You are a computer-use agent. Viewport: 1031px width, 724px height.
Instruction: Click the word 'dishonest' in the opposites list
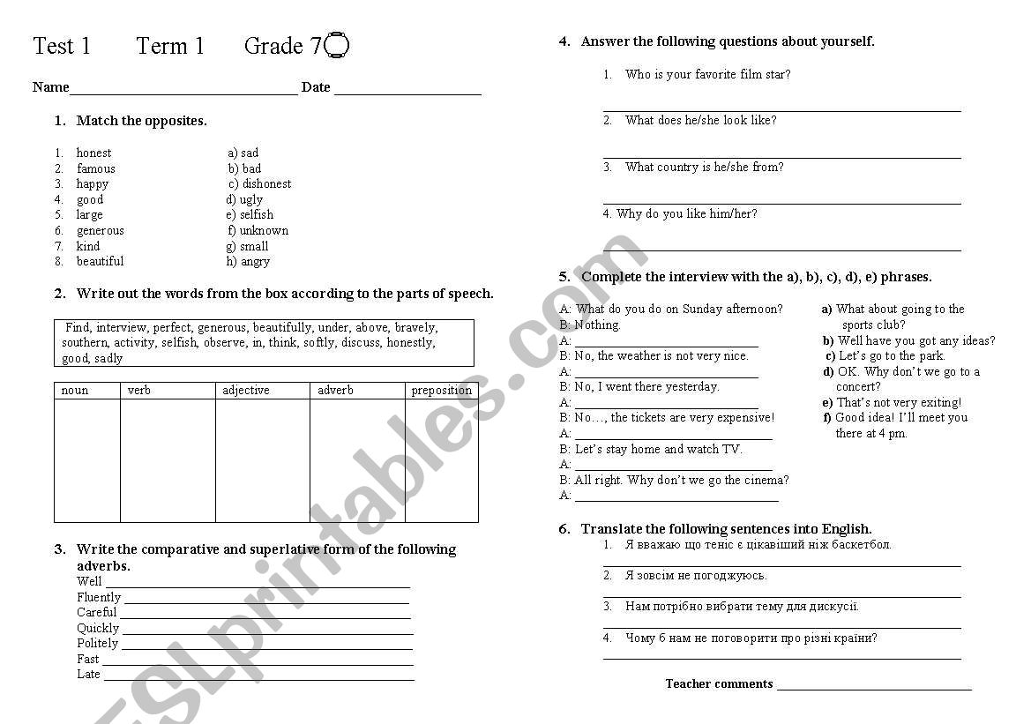click(266, 183)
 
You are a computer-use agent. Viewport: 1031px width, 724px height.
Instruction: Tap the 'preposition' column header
click(441, 390)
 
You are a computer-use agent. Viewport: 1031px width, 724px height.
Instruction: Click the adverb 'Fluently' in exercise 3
click(99, 597)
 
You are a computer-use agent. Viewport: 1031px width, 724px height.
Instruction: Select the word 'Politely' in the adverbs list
click(97, 643)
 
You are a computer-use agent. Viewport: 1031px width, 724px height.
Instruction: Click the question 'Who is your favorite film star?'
click(707, 74)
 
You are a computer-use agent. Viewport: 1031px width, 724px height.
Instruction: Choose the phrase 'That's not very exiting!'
click(899, 402)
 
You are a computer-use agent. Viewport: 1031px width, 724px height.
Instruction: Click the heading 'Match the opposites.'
click(141, 121)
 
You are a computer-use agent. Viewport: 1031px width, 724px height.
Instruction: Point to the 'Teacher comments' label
click(719, 683)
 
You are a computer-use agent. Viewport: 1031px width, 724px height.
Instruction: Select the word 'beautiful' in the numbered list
click(100, 261)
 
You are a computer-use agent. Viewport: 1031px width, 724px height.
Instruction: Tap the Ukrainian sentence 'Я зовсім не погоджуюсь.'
click(695, 575)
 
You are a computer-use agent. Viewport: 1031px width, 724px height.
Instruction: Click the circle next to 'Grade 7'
click(338, 45)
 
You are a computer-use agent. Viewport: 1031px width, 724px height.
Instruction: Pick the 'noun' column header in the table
click(75, 390)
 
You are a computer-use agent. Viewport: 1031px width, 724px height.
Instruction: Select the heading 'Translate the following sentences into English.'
click(726, 529)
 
